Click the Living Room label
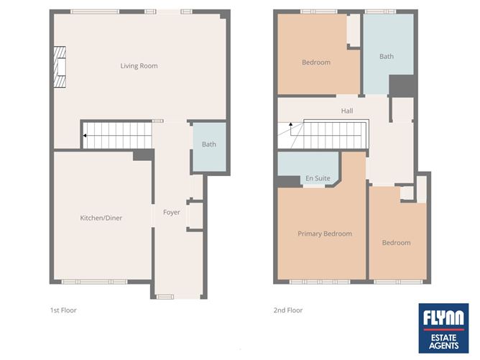coord(139,66)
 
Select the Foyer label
coord(172,212)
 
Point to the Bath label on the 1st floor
coord(208,144)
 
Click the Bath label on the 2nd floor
coord(387,56)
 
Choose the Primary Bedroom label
coord(325,234)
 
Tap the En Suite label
coord(317,177)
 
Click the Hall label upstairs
coord(347,111)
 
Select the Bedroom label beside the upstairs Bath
coord(315,63)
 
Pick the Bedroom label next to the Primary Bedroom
coord(396,243)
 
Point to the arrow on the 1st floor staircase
coord(86,134)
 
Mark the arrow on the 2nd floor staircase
coord(291,126)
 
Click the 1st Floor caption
coord(63,310)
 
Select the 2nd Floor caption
coord(288,310)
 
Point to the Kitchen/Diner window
coord(94,281)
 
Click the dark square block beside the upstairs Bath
coord(397,85)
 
